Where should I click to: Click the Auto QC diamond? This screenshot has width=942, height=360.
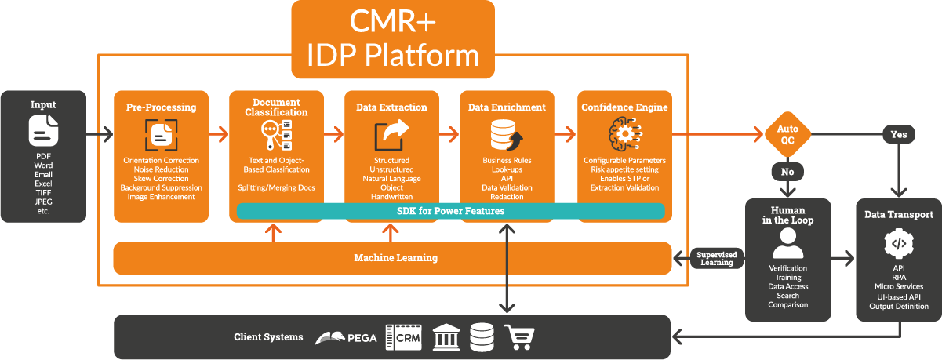[x=787, y=134]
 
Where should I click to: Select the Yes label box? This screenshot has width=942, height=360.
[x=899, y=134]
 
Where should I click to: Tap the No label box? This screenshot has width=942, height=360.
[x=787, y=171]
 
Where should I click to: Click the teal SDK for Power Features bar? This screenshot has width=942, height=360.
[x=450, y=211]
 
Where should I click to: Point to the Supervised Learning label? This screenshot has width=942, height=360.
[x=715, y=258]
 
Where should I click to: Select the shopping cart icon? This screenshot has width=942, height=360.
[x=519, y=337]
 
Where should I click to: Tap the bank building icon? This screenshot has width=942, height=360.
[x=446, y=337]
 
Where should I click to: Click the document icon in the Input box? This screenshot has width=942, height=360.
[x=44, y=131]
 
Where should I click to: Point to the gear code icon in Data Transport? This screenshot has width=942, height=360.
[x=899, y=244]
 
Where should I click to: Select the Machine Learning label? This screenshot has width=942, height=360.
[x=395, y=258]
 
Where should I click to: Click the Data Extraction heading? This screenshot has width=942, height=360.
[x=391, y=107]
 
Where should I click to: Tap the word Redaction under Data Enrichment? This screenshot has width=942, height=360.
[x=507, y=197]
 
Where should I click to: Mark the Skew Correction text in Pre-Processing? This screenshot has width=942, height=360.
[x=161, y=179]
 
